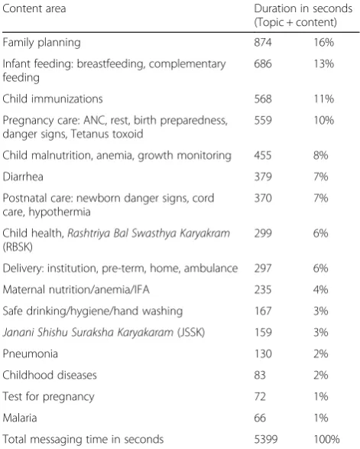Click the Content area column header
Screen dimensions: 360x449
pos(34,8)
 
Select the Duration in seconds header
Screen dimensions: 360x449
pos(303,8)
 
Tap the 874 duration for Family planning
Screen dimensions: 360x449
pos(263,42)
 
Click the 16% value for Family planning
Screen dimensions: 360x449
pos(323,42)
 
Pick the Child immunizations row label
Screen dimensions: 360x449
pos(53,99)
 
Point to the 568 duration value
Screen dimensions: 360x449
pos(263,99)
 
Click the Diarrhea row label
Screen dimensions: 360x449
pos(23,177)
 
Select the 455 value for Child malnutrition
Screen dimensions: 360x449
pos(263,155)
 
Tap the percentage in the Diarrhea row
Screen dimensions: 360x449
pos(320,177)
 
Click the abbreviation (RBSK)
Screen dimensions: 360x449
pos(18,247)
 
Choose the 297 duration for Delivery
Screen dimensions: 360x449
pos(262,268)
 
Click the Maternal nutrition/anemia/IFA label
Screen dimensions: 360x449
pos(76,289)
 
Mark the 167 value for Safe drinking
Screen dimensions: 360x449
pos(263,311)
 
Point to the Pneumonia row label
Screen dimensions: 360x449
pos(30,353)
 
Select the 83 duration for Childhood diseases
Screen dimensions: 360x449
pos(260,375)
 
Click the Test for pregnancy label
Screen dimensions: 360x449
pos(48,397)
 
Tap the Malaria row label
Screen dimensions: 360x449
pos(20,418)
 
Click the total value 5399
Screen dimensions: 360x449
pos(266,439)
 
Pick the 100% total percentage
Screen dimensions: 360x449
pos(326,439)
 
